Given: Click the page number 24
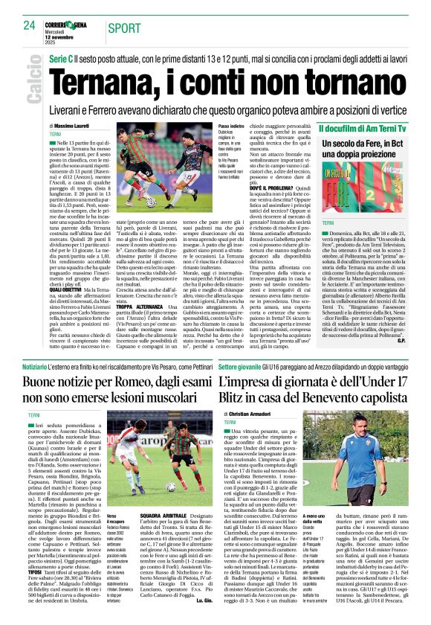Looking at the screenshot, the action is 29,25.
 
